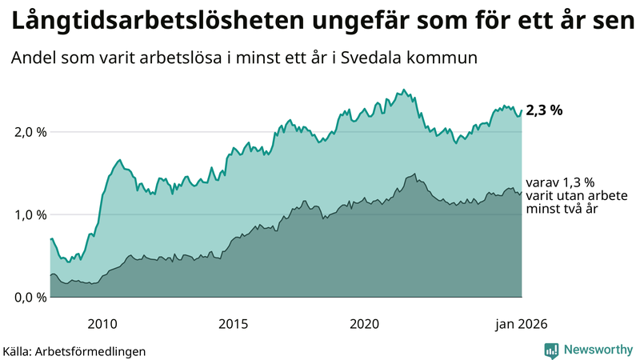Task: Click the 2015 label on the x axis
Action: click(233, 323)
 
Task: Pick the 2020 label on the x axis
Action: click(364, 323)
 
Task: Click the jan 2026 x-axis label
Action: click(521, 323)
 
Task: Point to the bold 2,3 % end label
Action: click(544, 111)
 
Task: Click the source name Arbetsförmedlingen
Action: click(97, 350)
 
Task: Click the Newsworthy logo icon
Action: click(551, 350)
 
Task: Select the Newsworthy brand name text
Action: click(599, 350)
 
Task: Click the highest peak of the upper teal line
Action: click(403, 90)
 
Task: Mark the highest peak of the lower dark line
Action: click(414, 174)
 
